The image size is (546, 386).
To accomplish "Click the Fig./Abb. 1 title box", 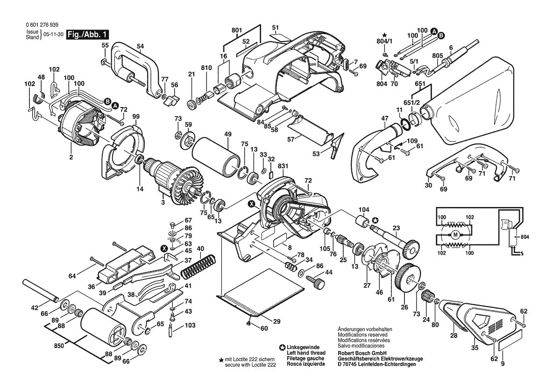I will point(88,35).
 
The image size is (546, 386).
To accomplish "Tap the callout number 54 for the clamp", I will point(141,46).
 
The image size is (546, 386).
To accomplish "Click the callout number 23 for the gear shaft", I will point(396,229).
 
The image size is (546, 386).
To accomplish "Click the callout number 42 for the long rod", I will point(35,307).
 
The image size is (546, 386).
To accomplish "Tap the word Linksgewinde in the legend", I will point(303,347).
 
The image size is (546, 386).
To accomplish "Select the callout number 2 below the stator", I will point(71,157).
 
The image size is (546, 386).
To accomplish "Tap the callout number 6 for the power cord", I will point(451,48).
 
